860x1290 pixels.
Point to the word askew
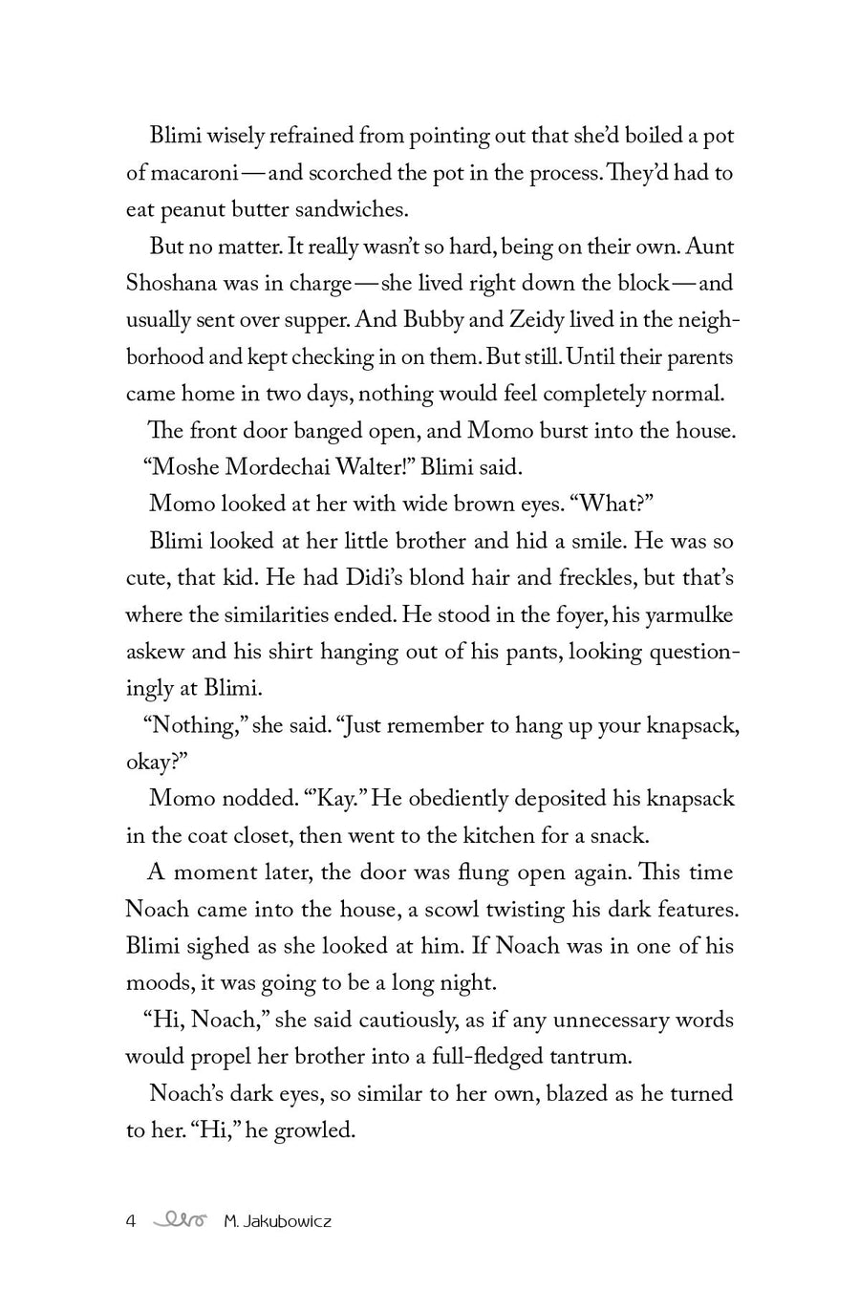[154, 652]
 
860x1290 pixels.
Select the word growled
[314, 1130]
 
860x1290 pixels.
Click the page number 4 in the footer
[132, 1220]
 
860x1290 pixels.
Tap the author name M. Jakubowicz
[277, 1220]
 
